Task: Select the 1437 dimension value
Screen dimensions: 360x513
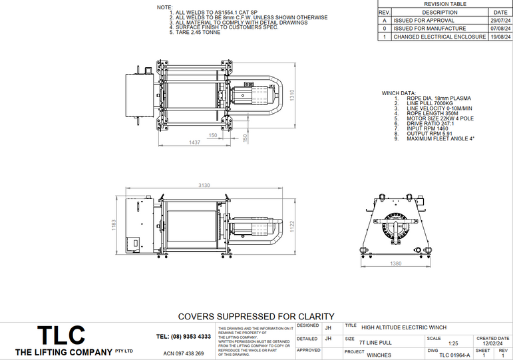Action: (x=195, y=142)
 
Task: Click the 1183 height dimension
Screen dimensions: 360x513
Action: (x=114, y=226)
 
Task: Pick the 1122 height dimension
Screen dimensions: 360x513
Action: (x=291, y=226)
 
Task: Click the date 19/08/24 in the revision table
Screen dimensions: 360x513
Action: (x=499, y=37)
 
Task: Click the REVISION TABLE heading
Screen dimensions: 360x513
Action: (x=450, y=4)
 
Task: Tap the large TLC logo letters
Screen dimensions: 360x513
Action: (x=61, y=335)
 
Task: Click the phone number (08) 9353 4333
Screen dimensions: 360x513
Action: (x=183, y=337)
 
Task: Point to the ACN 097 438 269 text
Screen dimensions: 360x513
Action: (x=183, y=353)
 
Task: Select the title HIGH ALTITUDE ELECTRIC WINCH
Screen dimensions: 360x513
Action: (x=403, y=327)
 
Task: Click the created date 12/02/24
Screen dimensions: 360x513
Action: (x=494, y=343)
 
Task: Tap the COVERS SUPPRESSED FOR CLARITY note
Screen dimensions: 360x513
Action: (x=256, y=316)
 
